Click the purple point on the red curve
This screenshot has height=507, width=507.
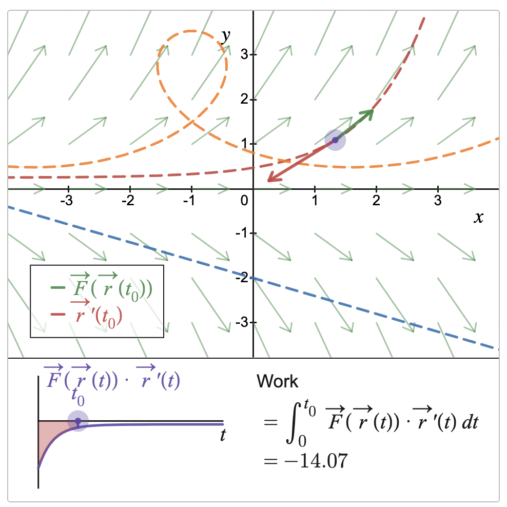(335, 140)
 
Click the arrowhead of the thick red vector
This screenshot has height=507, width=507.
(269, 180)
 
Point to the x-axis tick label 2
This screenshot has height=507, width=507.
(376, 200)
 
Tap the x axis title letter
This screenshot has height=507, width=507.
(478, 217)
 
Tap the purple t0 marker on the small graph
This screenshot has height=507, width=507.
(77, 421)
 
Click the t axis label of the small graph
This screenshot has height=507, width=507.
(223, 436)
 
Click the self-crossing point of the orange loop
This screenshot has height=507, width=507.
(192, 121)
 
